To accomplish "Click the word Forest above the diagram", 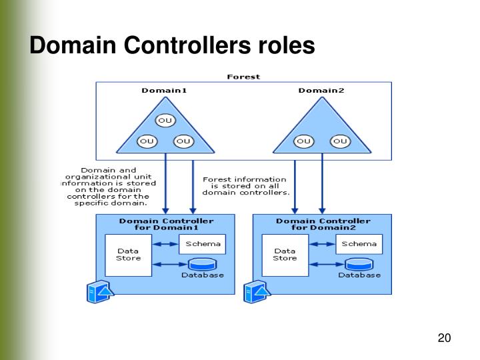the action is [x=243, y=77].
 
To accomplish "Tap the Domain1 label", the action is [x=164, y=90].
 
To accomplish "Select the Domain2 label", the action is [x=321, y=90].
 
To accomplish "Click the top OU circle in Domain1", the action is [x=165, y=120].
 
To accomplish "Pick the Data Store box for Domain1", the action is [x=128, y=255].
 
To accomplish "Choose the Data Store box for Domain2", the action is [x=285, y=255].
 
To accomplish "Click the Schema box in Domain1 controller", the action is [x=203, y=244].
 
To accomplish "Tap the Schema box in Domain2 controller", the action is [x=359, y=244].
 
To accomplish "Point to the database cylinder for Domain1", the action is [x=202, y=265].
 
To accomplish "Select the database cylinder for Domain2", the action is [x=359, y=265].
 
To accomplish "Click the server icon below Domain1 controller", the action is [x=100, y=292].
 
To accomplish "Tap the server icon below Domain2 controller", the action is [x=257, y=292].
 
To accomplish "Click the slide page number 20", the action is [x=444, y=338].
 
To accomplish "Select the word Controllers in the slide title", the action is [x=187, y=45].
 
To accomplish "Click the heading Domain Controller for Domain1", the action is [x=166, y=225].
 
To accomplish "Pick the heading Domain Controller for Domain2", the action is [x=323, y=225].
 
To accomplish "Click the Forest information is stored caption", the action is [x=245, y=186].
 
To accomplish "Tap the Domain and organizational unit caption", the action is [x=109, y=187].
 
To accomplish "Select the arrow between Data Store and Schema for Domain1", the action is [x=165, y=244].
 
